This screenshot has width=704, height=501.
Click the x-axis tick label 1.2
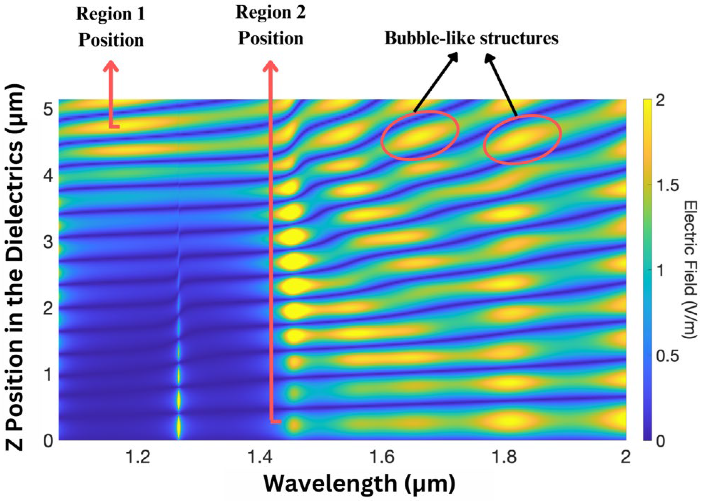click(138, 457)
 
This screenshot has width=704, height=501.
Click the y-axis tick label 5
click(48, 109)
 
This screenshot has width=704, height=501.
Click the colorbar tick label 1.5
click(668, 185)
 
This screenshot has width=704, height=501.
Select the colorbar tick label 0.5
click(668, 356)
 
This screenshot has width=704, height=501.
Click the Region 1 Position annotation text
click(111, 27)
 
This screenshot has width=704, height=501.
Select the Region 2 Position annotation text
click(271, 26)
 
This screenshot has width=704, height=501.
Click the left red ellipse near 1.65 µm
click(420, 135)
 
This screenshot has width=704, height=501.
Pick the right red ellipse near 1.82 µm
click(522, 140)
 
